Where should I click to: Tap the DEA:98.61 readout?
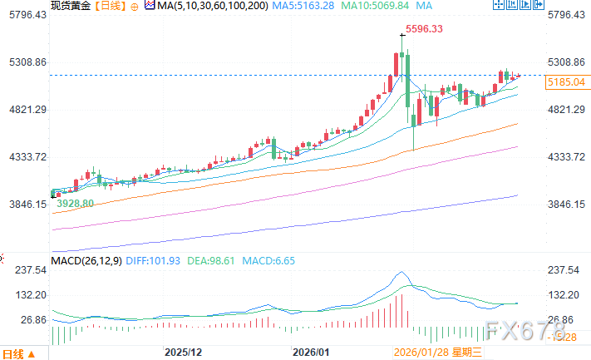[x=209, y=260]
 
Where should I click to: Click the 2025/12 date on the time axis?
[x=184, y=353]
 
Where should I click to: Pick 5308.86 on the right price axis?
[x=567, y=62]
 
